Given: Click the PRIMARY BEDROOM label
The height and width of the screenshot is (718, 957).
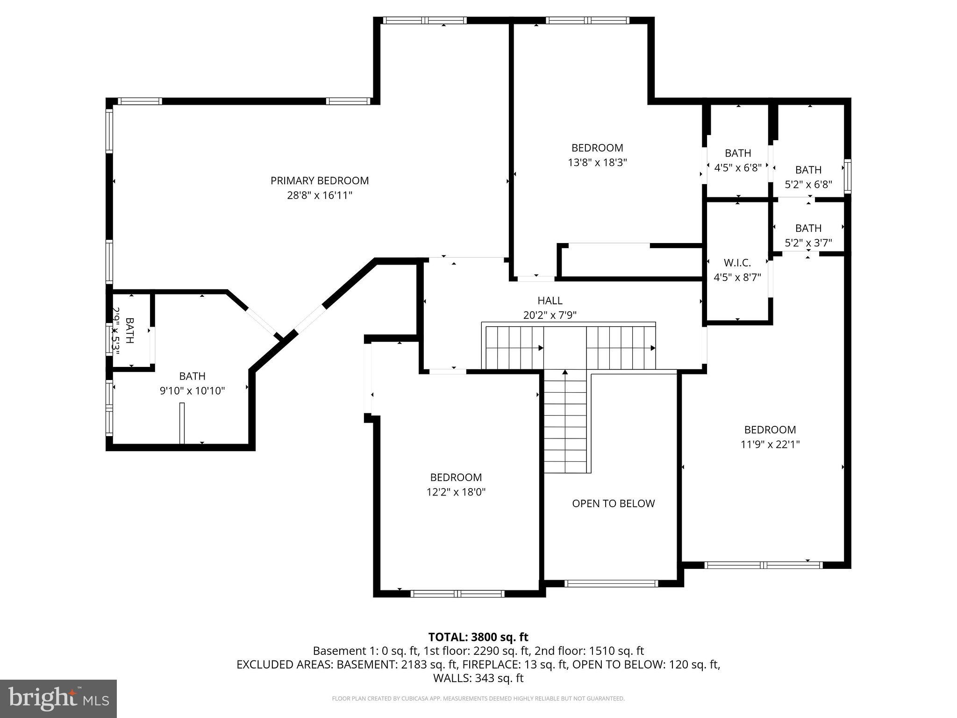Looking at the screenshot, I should click(x=319, y=180).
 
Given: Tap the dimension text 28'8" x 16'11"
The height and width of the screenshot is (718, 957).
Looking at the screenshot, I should click(x=319, y=195).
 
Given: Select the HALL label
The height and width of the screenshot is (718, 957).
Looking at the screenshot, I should click(x=550, y=301).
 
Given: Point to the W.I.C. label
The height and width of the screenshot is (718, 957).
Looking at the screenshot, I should click(x=737, y=263).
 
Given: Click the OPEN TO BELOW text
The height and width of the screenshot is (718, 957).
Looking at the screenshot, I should click(x=613, y=503).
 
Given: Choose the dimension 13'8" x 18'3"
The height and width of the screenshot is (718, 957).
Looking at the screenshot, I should click(x=597, y=163).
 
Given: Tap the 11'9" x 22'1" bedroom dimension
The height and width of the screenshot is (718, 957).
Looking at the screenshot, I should click(x=770, y=445).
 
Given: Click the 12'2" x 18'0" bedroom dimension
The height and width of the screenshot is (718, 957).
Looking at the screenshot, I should click(x=456, y=492).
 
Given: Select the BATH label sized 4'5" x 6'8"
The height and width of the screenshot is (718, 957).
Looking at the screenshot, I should click(x=738, y=153).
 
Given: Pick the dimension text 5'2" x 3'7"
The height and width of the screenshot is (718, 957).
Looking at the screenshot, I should click(x=808, y=243).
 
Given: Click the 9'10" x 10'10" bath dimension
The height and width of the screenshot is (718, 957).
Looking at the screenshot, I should click(x=192, y=391).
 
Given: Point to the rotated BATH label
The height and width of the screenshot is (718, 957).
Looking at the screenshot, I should click(x=129, y=330).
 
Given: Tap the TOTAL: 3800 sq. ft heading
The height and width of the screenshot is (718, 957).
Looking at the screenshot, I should click(x=478, y=637).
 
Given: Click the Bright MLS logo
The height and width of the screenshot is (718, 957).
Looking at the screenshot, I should click(x=58, y=698).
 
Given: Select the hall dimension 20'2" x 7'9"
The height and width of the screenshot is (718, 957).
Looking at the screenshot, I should click(x=550, y=316).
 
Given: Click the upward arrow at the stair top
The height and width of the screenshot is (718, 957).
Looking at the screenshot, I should click(x=564, y=373).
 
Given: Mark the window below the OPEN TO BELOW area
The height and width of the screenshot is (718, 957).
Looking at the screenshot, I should click(x=611, y=583).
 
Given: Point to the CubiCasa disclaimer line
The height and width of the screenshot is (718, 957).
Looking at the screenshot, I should click(x=478, y=699).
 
